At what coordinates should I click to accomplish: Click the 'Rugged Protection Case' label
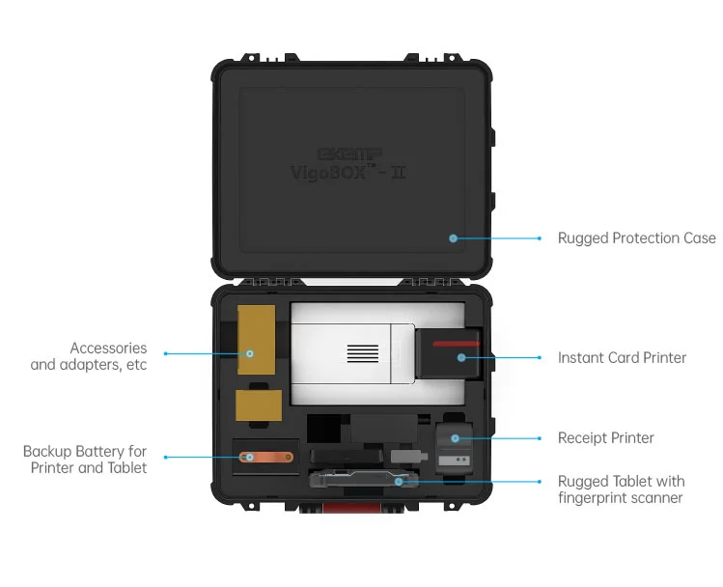tap(636, 238)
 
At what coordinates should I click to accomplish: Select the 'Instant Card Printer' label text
tap(622, 357)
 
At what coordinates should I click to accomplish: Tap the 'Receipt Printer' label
tap(605, 437)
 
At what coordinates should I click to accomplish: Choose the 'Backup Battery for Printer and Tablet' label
tap(85, 460)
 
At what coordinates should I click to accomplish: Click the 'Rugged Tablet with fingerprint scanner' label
tap(621, 489)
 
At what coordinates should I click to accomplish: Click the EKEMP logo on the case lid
tap(350, 154)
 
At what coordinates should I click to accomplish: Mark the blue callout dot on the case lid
tap(453, 238)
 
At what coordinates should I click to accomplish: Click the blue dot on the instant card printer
tap(460, 357)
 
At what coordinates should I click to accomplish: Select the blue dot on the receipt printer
tap(455, 437)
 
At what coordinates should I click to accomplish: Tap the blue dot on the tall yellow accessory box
tap(250, 353)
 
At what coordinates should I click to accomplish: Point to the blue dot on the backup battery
tap(247, 457)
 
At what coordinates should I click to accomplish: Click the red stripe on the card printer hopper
tap(455, 344)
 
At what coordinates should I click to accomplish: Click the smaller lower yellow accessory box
tap(258, 405)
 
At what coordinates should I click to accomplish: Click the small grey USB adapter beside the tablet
tap(404, 453)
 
